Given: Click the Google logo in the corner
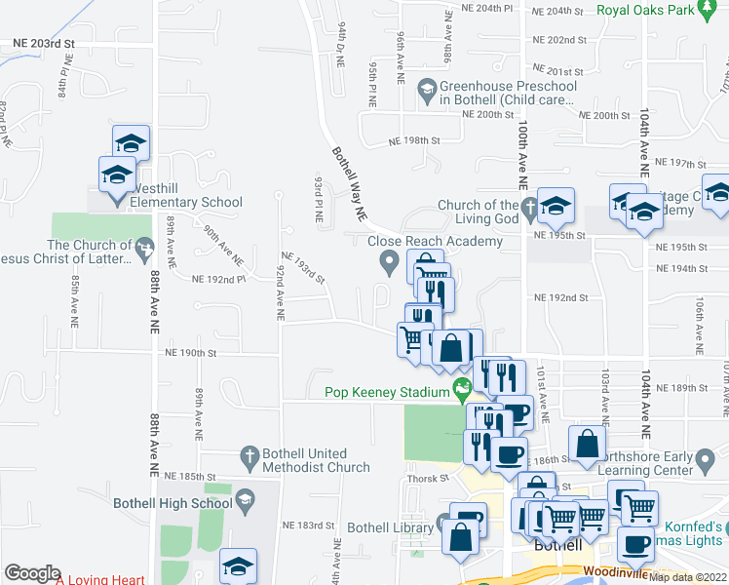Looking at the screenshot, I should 32,573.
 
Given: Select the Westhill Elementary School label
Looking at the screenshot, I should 181,203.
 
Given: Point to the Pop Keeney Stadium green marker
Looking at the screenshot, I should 462,392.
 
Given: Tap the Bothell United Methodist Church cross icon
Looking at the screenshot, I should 249,454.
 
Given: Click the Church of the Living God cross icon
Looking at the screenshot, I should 528,206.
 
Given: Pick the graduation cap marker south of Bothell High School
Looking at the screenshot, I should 238,565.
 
